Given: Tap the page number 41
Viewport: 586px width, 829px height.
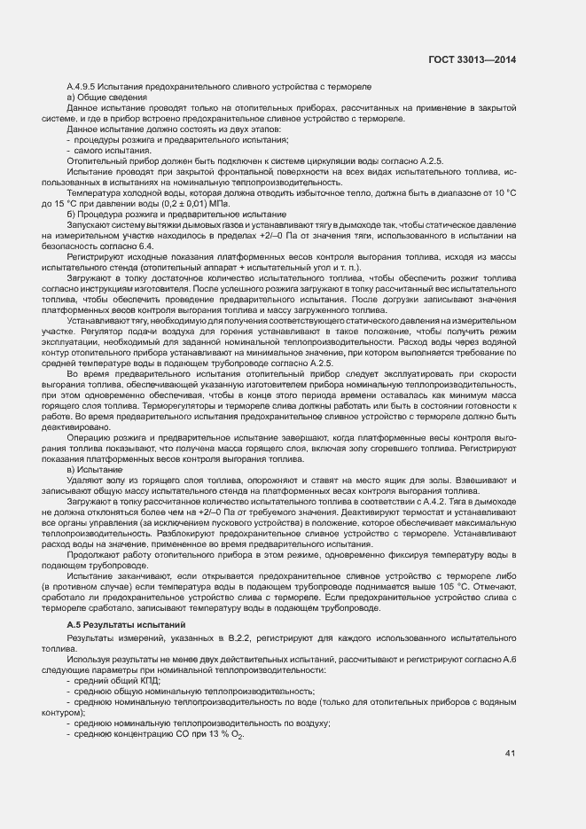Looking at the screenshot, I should (x=510, y=754).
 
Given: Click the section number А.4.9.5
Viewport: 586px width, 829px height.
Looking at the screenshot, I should (x=84, y=85).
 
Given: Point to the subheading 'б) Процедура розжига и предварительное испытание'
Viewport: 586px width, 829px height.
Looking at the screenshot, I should (x=176, y=214).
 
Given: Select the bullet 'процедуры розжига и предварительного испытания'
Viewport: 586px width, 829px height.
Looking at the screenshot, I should (x=177, y=139).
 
